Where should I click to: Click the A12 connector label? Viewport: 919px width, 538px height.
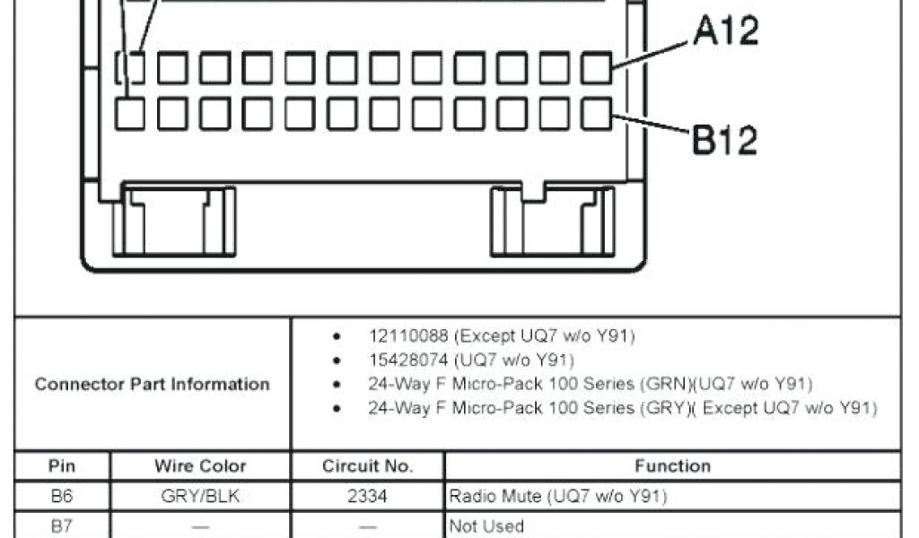[726, 31]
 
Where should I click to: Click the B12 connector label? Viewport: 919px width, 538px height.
[723, 140]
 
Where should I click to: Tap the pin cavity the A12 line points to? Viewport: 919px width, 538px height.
[596, 67]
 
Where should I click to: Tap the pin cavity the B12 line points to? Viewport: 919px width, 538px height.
[596, 114]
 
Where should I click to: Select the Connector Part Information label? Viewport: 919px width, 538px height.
[152, 384]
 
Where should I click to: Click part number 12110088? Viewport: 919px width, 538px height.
[408, 336]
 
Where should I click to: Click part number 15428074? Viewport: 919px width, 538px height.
[408, 360]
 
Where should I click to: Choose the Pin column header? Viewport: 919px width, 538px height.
[62, 465]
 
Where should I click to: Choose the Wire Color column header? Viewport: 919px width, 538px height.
[200, 465]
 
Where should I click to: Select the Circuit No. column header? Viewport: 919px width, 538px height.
[367, 465]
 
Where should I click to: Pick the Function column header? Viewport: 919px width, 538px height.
[672, 465]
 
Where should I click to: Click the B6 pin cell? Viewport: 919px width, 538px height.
[62, 496]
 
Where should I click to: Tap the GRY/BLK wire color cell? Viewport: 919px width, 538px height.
[200, 496]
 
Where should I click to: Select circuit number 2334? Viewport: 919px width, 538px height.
[367, 496]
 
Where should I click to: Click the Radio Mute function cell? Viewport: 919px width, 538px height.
[557, 496]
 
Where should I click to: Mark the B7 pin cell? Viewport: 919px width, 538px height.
[62, 525]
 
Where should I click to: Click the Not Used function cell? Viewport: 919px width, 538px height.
[486, 526]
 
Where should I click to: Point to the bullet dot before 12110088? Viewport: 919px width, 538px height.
[337, 337]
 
